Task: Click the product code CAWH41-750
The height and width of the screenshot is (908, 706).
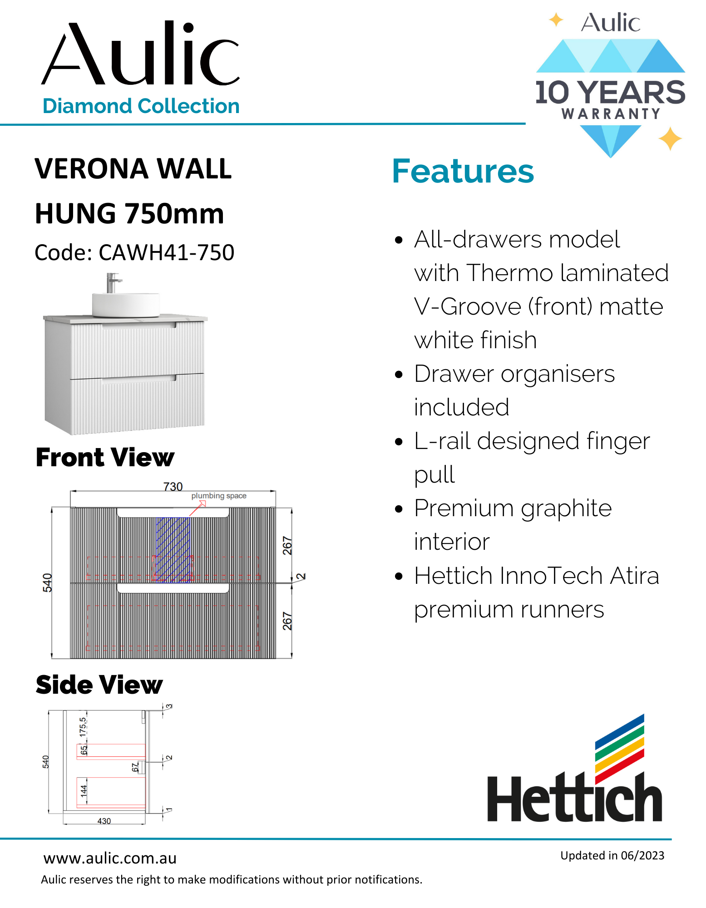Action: coord(166,253)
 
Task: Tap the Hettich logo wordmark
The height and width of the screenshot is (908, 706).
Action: coord(574,799)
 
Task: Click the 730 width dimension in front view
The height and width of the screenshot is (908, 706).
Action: coord(173,487)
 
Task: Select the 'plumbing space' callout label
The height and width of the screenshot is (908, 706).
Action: coord(219,496)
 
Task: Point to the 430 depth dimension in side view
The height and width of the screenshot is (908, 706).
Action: coord(104,821)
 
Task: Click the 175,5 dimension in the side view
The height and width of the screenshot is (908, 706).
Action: coord(83,726)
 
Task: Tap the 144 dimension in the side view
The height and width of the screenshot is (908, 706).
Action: coord(84,791)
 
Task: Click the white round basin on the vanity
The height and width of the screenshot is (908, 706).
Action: coord(126,304)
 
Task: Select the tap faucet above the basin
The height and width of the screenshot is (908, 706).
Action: coord(112,282)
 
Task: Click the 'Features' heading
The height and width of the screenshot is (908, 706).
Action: coord(463,172)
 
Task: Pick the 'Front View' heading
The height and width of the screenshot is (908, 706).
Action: coord(105,457)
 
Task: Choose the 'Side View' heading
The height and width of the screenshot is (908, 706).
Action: coord(99,685)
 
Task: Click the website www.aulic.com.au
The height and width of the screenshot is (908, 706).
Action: coord(110,859)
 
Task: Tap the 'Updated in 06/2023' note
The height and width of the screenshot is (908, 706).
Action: coord(612,856)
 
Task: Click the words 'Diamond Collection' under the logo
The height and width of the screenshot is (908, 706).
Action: coord(141,106)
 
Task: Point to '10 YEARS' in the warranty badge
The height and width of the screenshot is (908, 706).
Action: coord(610,93)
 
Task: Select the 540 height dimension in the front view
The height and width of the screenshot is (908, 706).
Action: coord(47,583)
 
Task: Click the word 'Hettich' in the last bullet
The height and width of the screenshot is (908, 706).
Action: coord(453,576)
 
